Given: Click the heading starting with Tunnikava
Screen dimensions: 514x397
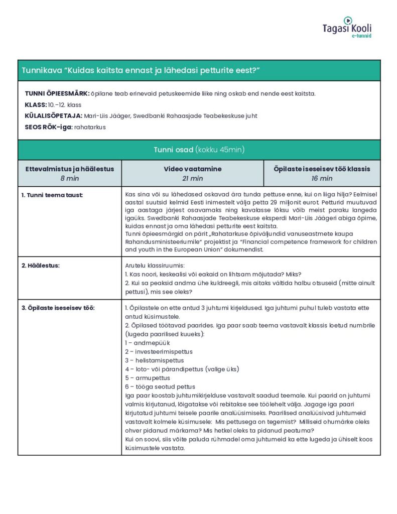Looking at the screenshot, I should point(140,70).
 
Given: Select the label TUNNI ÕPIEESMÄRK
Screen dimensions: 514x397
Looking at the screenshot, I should point(57,94).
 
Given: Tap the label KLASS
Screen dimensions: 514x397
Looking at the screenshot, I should point(35,105).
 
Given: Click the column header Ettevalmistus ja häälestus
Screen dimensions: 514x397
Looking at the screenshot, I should point(70,169).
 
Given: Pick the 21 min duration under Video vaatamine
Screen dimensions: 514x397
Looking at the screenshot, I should point(193,178).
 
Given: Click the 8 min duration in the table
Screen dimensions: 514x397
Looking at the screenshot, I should point(70,178).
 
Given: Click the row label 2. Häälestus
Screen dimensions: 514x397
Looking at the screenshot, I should point(41,265).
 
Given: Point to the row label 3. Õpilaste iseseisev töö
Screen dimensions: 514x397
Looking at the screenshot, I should point(58,307).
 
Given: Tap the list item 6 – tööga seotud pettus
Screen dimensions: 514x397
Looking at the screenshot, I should point(160,387).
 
